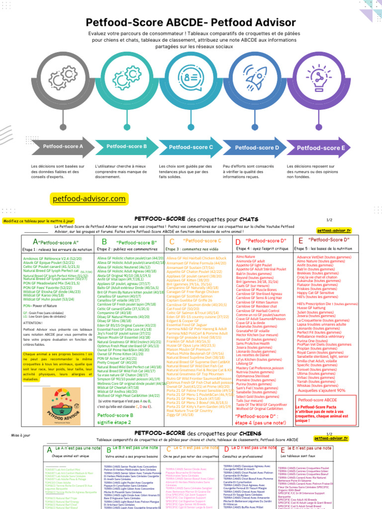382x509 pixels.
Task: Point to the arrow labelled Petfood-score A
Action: (x=63, y=147)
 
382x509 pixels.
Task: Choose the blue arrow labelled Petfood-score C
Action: (x=191, y=147)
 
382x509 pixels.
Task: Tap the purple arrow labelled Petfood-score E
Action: (x=321, y=148)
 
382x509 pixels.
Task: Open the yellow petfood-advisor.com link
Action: (x=89, y=199)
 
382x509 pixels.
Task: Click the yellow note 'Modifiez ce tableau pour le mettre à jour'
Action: (x=38, y=221)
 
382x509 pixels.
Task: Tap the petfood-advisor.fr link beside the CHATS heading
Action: (x=334, y=230)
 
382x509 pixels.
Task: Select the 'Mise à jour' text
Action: (x=20, y=435)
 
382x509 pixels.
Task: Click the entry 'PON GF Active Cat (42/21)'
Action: (x=116, y=358)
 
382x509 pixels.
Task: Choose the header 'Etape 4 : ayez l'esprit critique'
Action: (x=261, y=249)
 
